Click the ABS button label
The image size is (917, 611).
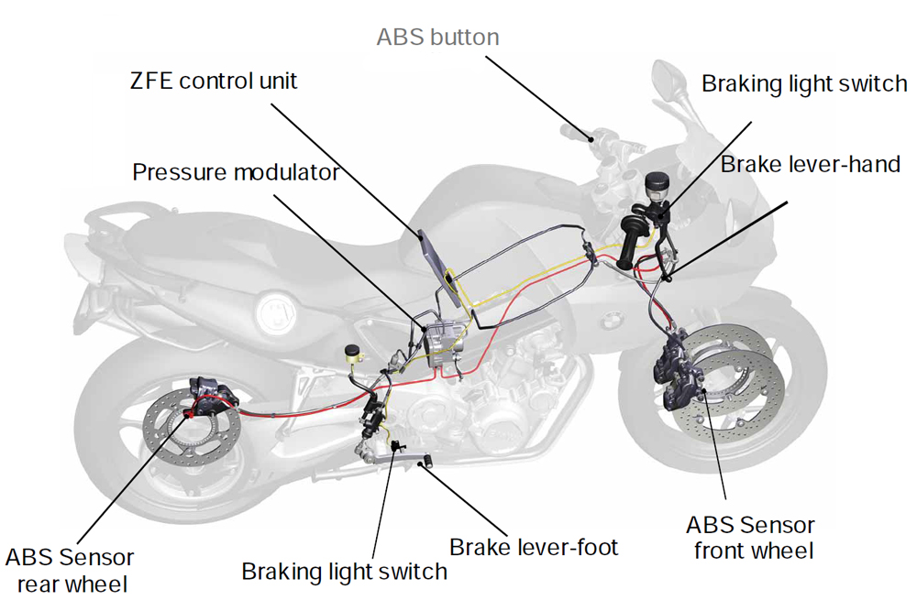click(437, 38)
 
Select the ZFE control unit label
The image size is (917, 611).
click(214, 81)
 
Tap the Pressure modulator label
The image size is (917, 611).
click(236, 172)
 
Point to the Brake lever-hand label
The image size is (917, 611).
click(811, 165)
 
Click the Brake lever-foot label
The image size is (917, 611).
click(534, 548)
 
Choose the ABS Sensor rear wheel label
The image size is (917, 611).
click(70, 570)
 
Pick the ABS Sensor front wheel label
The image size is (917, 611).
click(750, 538)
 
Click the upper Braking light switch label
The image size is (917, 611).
click(804, 84)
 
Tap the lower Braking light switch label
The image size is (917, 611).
click(344, 572)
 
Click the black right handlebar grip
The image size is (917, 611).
click(631, 242)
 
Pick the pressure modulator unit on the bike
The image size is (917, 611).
click(444, 340)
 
